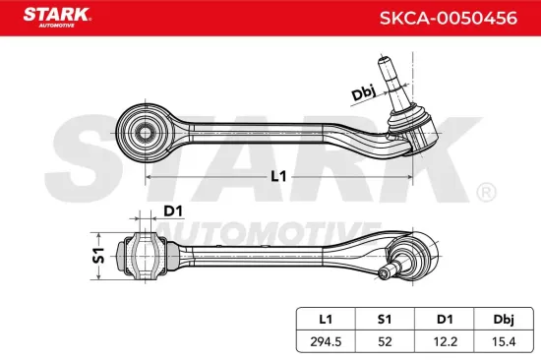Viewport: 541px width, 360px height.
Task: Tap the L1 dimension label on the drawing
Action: tap(277, 177)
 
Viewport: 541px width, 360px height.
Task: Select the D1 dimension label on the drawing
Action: tap(173, 210)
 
